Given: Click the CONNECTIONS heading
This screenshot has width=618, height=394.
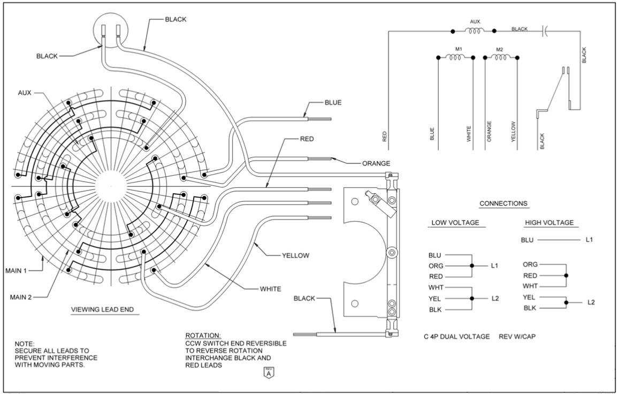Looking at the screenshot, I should pos(503,203).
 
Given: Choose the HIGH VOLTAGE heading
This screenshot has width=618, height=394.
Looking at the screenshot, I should pos(550,222).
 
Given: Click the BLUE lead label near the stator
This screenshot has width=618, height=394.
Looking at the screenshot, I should pos(333,102).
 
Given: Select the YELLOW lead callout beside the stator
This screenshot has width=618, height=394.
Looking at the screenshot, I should pos(295,255).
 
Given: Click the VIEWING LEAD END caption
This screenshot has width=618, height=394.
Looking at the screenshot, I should pos(105,310).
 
